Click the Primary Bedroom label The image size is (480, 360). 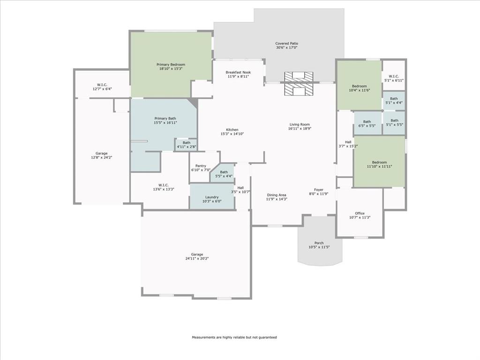171,64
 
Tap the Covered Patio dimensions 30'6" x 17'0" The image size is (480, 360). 286,48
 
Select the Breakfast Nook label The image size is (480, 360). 238,72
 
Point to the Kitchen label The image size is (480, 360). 232,130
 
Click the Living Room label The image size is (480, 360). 300,124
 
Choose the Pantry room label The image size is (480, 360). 201,165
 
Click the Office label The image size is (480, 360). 360,213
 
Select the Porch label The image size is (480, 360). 319,243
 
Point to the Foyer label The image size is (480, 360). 319,189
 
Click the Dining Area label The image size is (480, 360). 277,195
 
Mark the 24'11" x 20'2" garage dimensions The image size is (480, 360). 197,258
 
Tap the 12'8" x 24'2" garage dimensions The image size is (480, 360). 101,157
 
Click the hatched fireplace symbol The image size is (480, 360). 299,83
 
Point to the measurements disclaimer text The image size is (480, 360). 234,337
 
